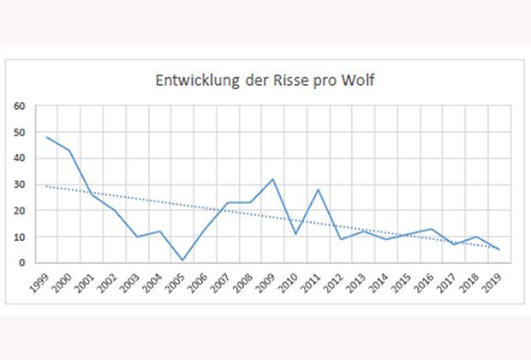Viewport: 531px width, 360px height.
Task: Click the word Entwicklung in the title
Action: [x=190, y=83]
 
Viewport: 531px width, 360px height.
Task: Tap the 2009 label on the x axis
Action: [x=269, y=284]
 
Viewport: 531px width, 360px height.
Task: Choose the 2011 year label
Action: [x=314, y=284]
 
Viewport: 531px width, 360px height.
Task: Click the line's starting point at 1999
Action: [x=47, y=137]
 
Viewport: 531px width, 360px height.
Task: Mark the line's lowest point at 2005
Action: [x=182, y=260]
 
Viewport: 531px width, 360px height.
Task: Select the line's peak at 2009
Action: [x=273, y=179]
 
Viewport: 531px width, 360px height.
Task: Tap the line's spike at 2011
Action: [x=319, y=189]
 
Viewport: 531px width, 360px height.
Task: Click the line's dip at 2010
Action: [x=296, y=234]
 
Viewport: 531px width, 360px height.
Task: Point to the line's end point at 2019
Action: [x=499, y=249]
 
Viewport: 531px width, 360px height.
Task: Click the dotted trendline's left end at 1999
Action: [x=47, y=186]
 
